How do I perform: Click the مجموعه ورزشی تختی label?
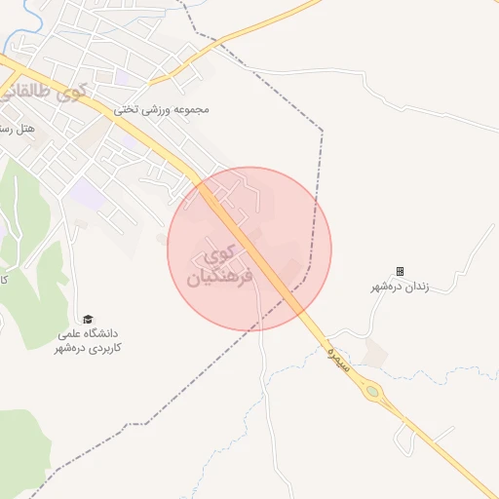163,110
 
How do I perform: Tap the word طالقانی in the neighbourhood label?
33,95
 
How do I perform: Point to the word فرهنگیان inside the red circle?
219,278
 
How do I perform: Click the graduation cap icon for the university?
88,319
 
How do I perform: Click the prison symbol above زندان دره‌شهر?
400,271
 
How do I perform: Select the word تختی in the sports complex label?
127,110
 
